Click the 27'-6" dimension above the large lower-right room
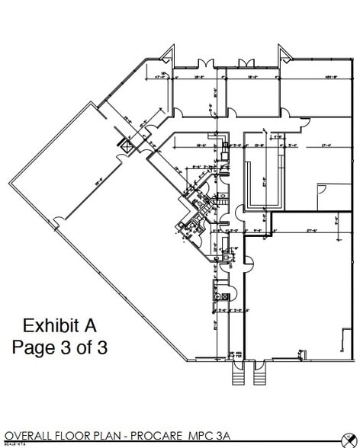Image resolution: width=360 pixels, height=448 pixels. click(x=313, y=229)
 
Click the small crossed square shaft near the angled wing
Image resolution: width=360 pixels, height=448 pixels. click(x=123, y=142)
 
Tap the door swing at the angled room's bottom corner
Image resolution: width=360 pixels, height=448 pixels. click(x=57, y=222)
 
